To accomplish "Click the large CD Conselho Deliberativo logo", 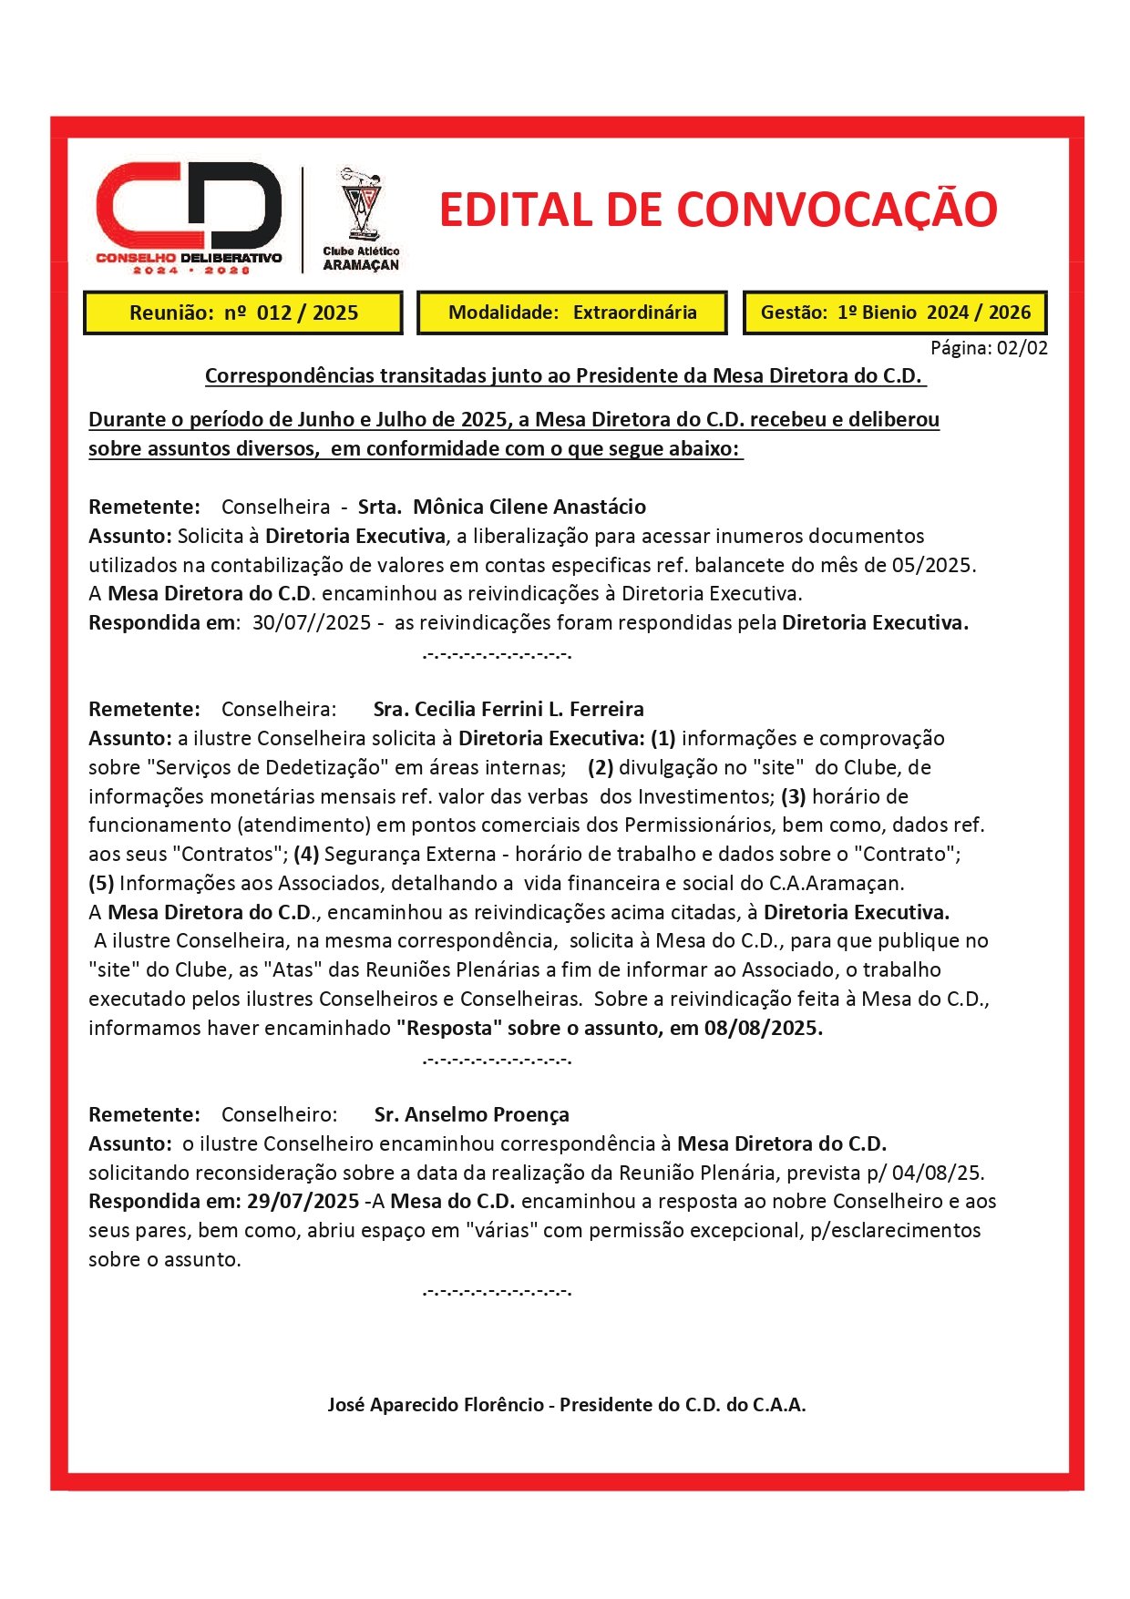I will tap(190, 217).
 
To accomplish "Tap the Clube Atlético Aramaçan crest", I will tap(361, 219).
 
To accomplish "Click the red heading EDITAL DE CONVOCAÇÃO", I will tap(718, 210).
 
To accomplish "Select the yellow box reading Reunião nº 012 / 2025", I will tap(243, 313).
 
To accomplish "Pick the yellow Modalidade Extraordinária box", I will tap(572, 313).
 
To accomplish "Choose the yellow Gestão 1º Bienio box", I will tap(895, 313).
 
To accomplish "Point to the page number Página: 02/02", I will tap(989, 347).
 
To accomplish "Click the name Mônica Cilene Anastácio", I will tap(529, 507).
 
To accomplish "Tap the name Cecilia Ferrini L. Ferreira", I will tap(508, 709).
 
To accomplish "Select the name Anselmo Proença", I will tap(471, 1114).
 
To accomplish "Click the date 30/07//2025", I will tap(312, 623).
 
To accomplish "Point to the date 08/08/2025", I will tap(764, 1028).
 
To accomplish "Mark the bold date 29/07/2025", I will tap(303, 1201).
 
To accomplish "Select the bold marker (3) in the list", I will tap(793, 796).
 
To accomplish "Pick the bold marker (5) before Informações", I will tap(101, 883).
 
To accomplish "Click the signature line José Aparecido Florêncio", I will tap(566, 1405).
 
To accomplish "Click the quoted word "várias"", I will tap(499, 1230).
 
